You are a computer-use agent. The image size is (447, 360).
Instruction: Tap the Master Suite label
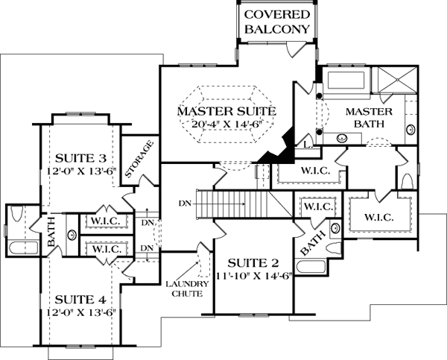coord(226,111)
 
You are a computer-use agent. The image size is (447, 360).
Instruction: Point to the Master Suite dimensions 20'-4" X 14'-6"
coord(226,124)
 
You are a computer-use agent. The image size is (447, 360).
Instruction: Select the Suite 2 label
coord(253,262)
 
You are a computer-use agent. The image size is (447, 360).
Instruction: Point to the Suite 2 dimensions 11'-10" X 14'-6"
coord(253,275)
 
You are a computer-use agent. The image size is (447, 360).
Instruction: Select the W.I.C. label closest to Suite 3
coord(107,222)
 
